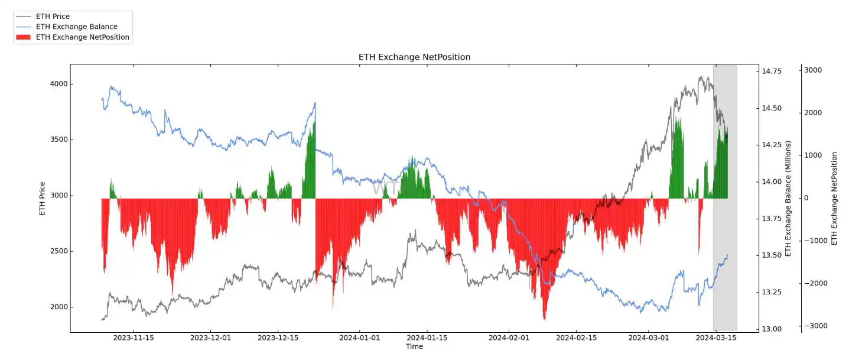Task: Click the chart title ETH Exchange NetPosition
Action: pos(414,57)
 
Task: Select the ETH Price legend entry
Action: pos(53,17)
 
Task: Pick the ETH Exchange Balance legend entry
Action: pos(76,27)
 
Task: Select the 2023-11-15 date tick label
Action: pos(133,338)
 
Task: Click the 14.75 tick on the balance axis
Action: pos(771,71)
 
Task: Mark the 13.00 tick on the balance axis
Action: pos(771,329)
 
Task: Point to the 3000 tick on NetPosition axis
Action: pos(814,70)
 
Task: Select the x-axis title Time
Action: pos(414,346)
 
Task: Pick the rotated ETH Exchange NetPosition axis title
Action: pos(834,198)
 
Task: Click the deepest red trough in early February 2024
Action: pos(544,319)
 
